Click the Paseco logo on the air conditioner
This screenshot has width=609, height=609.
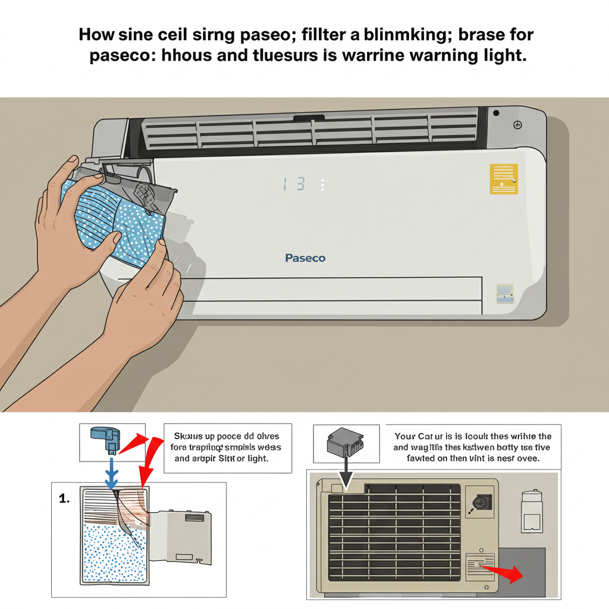305,258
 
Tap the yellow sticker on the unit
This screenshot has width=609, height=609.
504,178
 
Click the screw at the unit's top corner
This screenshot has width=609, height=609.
517,125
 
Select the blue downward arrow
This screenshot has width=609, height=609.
111,474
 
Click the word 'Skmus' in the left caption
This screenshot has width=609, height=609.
187,436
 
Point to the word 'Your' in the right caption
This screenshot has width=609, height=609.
407,436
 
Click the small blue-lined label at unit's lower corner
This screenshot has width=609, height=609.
505,293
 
